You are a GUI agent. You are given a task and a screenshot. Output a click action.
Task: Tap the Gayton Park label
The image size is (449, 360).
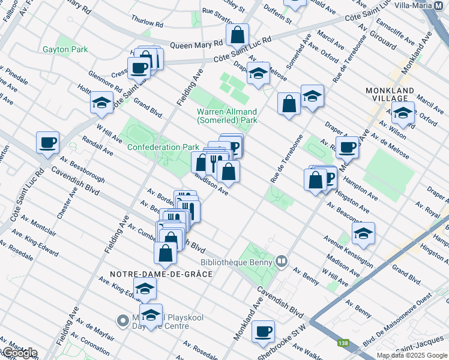pos(65,49)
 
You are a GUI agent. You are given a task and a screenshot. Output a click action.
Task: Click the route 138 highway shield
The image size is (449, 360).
pos(343,343)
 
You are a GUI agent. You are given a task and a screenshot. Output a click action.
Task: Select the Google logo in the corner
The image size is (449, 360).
pos(19,353)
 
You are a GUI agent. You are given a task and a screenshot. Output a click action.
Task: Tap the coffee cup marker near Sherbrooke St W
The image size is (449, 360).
pos(262,331)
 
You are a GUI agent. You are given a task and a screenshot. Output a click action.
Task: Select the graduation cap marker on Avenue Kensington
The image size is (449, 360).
pos(363,233)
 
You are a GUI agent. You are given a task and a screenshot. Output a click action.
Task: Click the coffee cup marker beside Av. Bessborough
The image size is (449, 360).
pos(47,142)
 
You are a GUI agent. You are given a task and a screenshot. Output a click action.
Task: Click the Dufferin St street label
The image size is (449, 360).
pos(280,19)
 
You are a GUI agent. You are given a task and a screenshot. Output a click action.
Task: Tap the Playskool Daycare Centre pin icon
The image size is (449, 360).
pos(124,320)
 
